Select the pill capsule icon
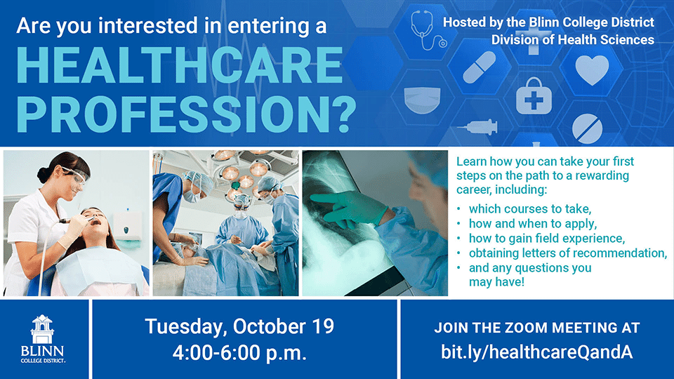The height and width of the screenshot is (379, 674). point(479,67)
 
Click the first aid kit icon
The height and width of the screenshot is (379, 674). point(534,96)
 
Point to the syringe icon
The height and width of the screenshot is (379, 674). point(477,127)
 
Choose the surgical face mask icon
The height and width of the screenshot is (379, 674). point(423,100)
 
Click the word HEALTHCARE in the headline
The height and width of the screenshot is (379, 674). point(179,65)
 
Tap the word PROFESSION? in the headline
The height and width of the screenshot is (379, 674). point(186,114)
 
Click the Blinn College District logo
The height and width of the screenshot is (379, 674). point(43,339)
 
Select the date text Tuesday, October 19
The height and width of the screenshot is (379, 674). point(239,326)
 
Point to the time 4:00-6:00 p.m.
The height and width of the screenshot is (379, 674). point(239,353)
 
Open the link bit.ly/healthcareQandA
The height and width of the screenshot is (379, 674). point(537,352)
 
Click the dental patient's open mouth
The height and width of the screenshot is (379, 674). point(95,222)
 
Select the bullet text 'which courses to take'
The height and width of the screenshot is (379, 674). point(530,209)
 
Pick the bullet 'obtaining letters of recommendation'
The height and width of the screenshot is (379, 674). point(568,253)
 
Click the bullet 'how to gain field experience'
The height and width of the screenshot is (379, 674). point(547,239)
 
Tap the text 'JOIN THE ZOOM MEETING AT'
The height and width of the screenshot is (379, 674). point(537,328)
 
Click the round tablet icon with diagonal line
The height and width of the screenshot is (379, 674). point(587,128)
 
